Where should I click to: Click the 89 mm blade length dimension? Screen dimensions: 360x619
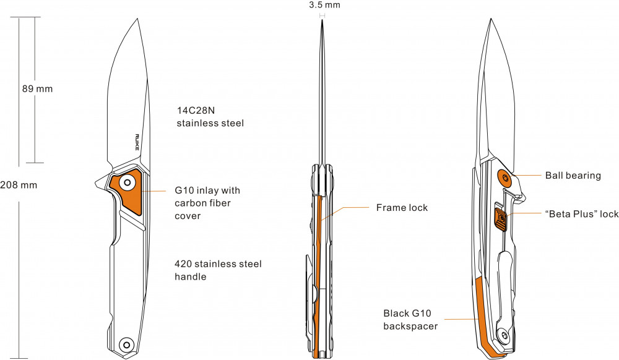[x=37, y=88]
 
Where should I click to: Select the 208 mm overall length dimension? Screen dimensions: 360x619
[x=19, y=185]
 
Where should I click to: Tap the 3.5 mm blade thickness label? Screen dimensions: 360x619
[x=324, y=5]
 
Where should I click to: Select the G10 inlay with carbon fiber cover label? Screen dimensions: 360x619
[x=207, y=204]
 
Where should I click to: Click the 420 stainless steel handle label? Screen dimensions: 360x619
[x=218, y=270]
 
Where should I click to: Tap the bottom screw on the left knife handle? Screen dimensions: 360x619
[x=128, y=344]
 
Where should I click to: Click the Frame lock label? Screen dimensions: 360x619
[x=402, y=208]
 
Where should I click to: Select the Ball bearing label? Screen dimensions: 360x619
[x=573, y=176]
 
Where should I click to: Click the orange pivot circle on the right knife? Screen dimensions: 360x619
[x=506, y=178]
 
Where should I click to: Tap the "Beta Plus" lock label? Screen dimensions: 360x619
[x=581, y=214]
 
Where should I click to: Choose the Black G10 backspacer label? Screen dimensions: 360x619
[x=410, y=319]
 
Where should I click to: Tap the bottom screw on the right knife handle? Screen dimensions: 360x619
[x=505, y=336]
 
